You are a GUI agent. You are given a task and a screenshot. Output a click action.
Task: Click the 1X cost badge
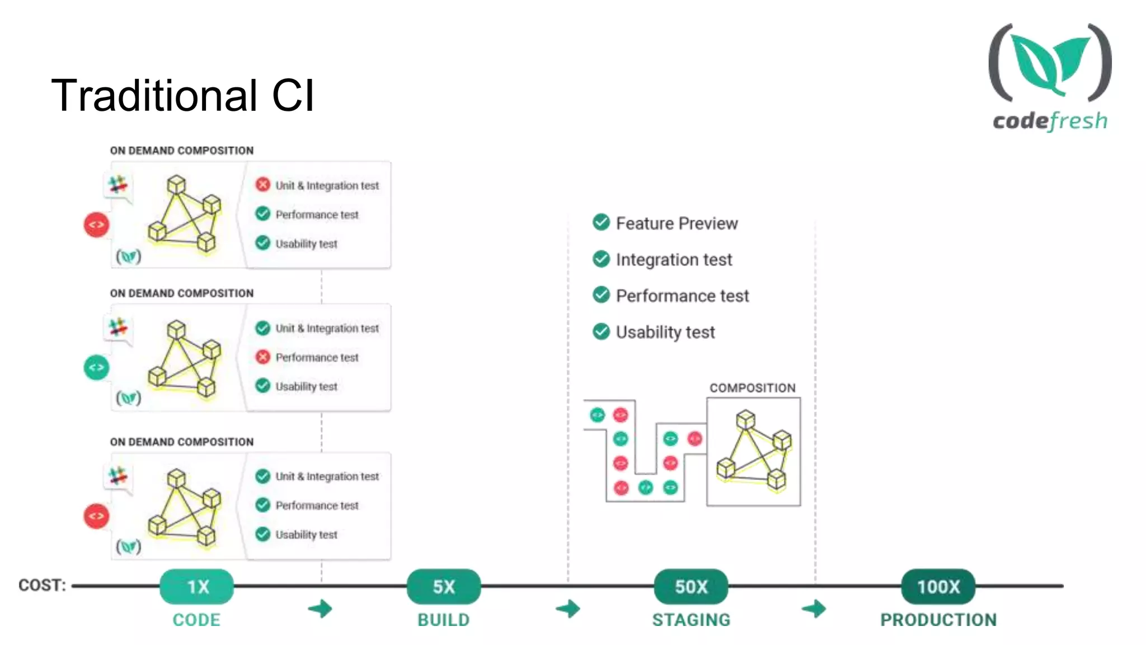[x=197, y=586]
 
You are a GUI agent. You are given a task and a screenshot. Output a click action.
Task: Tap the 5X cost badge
[x=444, y=586]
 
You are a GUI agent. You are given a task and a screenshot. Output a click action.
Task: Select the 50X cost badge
[x=691, y=586]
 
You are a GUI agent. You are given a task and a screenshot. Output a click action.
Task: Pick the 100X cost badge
[x=938, y=586]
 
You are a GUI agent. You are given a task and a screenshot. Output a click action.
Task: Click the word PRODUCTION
[x=938, y=620]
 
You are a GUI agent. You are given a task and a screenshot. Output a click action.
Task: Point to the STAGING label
[x=691, y=620]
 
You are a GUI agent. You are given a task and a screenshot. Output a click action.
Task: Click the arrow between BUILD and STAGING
[x=569, y=609]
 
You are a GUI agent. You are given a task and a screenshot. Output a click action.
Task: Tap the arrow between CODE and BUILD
[x=321, y=609]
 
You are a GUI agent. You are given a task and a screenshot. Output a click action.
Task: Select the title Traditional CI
[x=182, y=95]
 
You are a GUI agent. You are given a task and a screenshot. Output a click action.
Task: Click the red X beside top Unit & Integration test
[x=263, y=185]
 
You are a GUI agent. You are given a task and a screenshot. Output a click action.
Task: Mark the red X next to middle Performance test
[x=263, y=357]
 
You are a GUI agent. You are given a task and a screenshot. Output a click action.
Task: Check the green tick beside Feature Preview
[x=601, y=223]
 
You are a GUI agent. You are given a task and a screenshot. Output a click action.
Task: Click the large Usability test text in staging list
[x=665, y=332]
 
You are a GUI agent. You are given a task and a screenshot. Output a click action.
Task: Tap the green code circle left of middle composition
[x=96, y=367]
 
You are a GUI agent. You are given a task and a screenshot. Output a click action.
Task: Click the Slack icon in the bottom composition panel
[x=118, y=475]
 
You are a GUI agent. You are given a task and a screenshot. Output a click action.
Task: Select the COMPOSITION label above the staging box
[x=752, y=388]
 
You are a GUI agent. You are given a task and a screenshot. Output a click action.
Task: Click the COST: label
[x=42, y=585]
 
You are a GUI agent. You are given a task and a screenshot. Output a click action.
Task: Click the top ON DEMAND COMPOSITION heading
[x=182, y=151]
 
